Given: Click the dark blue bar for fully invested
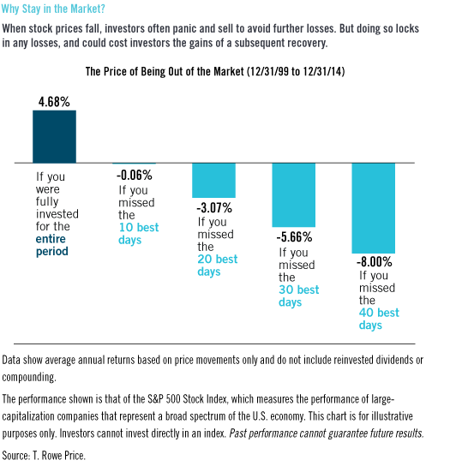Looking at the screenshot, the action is [x=54, y=137].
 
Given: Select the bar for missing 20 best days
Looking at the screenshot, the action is [x=213, y=181].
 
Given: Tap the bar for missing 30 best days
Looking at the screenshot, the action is [x=293, y=195].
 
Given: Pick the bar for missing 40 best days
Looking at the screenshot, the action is [x=373, y=208].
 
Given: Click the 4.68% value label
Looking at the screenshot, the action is [x=54, y=102].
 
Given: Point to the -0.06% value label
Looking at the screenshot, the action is [x=135, y=175].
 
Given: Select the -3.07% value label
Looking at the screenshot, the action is [x=214, y=208].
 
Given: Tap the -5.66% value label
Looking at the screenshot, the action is [x=294, y=237].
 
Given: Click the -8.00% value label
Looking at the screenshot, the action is [x=375, y=262].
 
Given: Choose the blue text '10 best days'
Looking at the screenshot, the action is [x=139, y=234].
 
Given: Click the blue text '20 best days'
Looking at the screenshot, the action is [x=218, y=265].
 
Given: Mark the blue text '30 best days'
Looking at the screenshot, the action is [x=298, y=296].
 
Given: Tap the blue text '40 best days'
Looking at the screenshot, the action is [x=379, y=319].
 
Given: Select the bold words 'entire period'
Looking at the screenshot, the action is [x=52, y=245].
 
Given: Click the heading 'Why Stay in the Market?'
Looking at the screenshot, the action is [x=53, y=9].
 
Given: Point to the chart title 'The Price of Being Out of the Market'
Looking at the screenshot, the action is [x=165, y=72].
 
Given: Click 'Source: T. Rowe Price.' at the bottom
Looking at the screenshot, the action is [x=44, y=456].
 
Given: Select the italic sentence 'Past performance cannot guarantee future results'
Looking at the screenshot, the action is [x=326, y=433].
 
